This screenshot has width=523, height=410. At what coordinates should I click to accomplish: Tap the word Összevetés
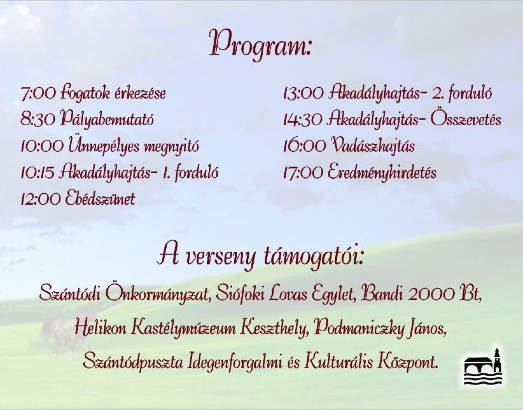[x=466, y=120]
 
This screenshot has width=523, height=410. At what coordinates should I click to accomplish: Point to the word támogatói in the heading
[x=312, y=257]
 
